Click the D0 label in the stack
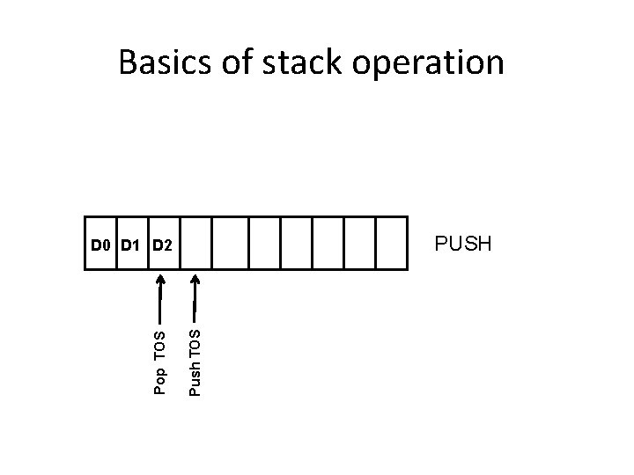(101, 244)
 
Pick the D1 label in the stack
(130, 244)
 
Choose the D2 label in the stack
(162, 244)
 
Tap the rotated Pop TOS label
(159, 362)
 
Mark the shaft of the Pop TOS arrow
(159, 303)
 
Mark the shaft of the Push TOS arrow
(195, 303)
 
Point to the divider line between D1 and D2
(148, 255)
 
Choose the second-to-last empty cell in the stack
(359, 242)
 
